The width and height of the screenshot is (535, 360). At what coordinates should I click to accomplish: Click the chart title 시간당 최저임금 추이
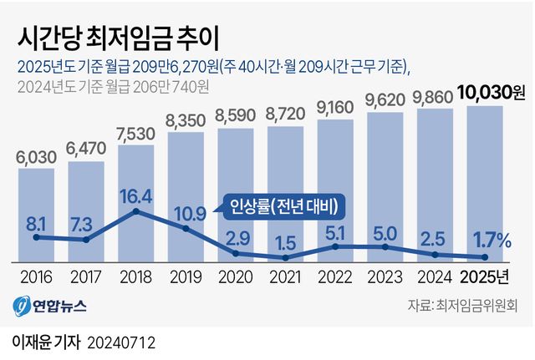pos(118,39)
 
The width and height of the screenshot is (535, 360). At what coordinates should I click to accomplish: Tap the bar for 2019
pos(186,192)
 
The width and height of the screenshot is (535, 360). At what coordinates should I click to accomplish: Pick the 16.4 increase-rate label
pos(136,196)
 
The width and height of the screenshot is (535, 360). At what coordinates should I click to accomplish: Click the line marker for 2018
pos(136,212)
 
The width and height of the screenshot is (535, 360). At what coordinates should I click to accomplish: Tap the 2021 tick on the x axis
pos(286,275)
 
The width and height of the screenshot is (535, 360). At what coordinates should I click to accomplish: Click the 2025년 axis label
pos(486,275)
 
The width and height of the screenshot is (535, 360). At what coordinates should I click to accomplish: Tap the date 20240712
pos(121,342)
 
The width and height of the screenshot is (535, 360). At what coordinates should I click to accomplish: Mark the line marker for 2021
pos(286,257)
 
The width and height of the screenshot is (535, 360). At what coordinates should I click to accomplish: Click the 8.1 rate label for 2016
pos(36,223)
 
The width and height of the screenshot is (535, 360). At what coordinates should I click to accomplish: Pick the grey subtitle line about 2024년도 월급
pos(112,86)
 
